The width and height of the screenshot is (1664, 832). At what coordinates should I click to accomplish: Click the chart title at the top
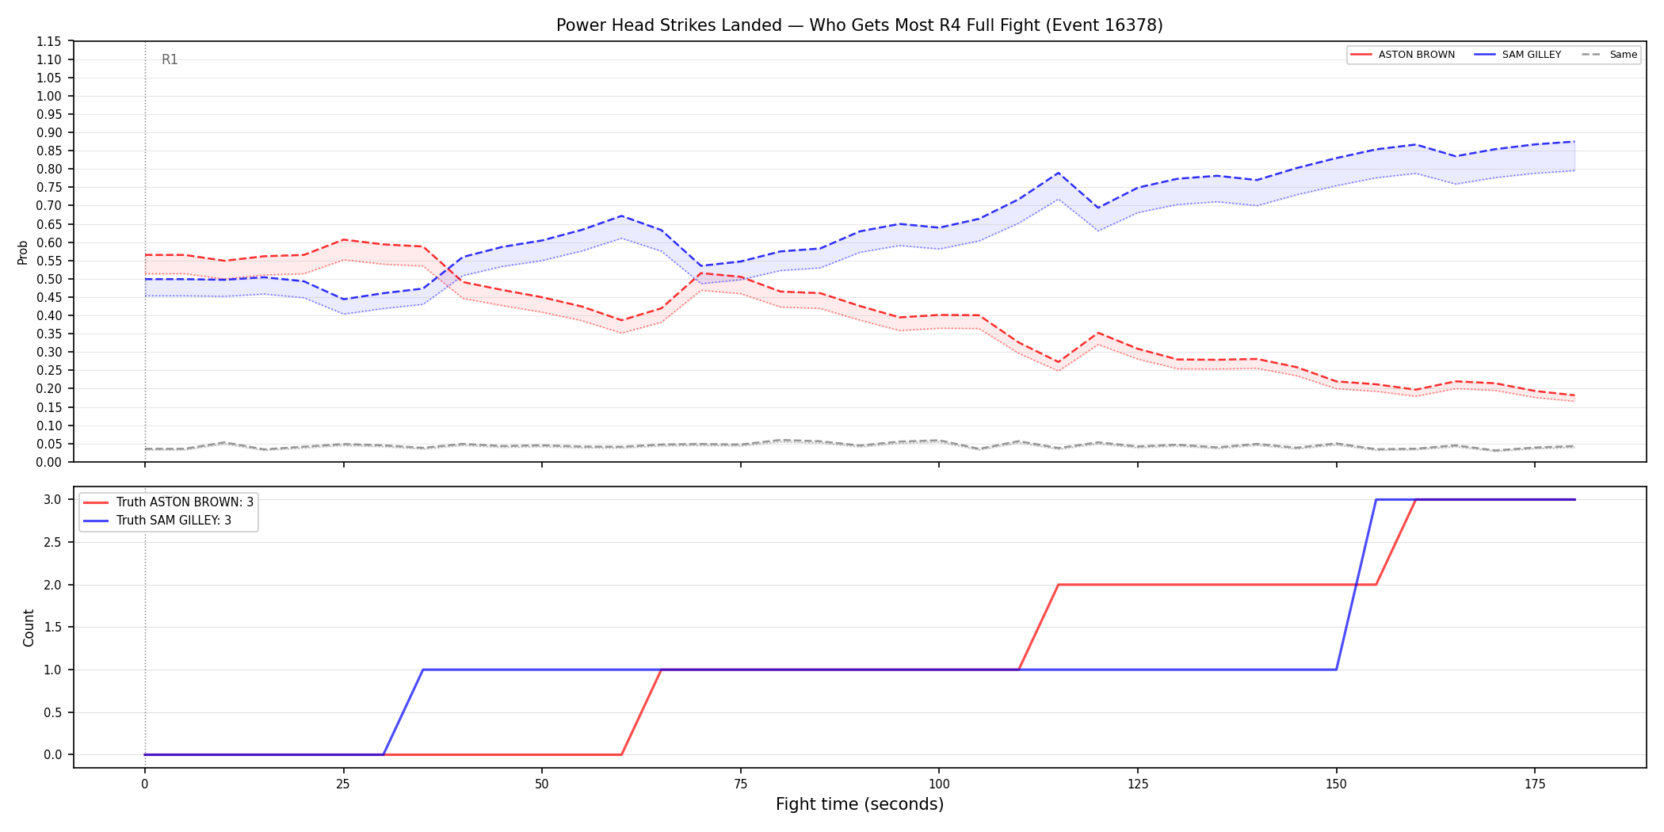click(x=859, y=25)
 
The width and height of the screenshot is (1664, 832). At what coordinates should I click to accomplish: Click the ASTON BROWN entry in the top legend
click(x=1403, y=55)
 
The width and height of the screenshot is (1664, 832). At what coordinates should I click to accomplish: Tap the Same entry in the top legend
click(x=1609, y=55)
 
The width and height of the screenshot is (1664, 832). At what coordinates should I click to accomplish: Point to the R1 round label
click(x=170, y=59)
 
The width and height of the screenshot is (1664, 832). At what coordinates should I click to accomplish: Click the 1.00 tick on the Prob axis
click(x=49, y=96)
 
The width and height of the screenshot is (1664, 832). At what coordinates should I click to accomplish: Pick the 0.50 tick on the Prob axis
click(x=49, y=279)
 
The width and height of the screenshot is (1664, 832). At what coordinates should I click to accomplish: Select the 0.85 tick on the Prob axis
click(x=49, y=151)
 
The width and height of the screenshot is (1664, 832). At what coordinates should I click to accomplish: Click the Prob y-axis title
click(x=23, y=252)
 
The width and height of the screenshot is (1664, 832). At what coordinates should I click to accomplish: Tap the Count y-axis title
click(x=29, y=628)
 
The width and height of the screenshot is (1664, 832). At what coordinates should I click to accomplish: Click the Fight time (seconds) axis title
click(x=860, y=804)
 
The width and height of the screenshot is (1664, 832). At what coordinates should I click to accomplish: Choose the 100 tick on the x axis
click(x=939, y=784)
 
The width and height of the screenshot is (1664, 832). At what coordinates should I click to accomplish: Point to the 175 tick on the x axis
click(x=1535, y=784)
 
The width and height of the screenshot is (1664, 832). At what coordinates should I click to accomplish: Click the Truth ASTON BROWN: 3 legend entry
click(x=168, y=502)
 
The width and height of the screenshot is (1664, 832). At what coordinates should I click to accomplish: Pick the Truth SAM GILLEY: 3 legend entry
click(x=157, y=521)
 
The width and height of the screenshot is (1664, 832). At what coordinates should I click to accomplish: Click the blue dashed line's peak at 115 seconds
click(x=1058, y=173)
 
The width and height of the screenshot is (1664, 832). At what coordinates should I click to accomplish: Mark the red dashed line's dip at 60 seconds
click(x=621, y=321)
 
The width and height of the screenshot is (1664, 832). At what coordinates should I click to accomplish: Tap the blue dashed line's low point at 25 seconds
click(x=343, y=300)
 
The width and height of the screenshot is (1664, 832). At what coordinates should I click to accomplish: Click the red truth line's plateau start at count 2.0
click(x=1059, y=585)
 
